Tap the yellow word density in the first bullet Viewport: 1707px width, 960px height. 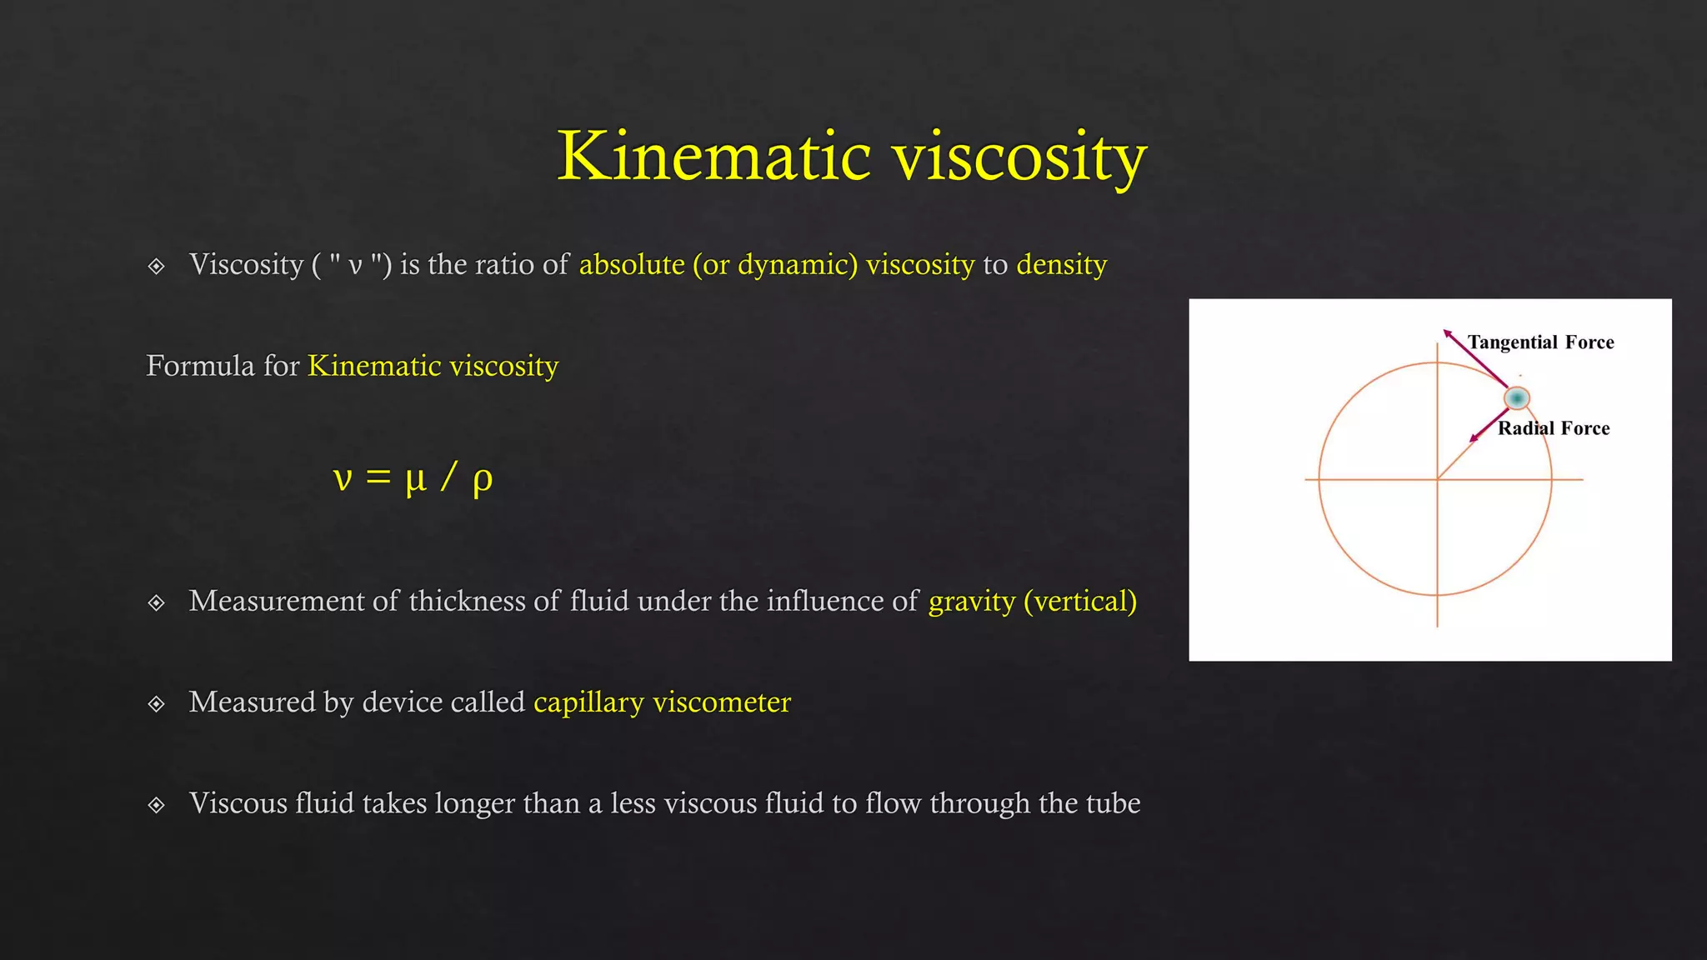1061,265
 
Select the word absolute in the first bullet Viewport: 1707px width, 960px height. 632,264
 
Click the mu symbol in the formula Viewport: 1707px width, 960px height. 415,479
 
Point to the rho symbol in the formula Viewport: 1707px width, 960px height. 482,480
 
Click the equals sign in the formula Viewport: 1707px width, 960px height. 378,477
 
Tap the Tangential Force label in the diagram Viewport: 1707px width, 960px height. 1540,342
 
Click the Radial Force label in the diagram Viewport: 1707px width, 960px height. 1554,428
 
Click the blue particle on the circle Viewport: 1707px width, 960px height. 1517,398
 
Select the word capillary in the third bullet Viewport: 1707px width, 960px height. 588,702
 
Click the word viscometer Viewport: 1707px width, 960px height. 722,702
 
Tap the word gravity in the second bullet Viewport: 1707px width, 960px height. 972,602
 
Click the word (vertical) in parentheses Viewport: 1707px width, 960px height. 1080,602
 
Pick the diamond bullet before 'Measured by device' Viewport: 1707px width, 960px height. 156,704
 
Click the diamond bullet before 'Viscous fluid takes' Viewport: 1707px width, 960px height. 156,805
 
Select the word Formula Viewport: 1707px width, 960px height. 200,366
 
